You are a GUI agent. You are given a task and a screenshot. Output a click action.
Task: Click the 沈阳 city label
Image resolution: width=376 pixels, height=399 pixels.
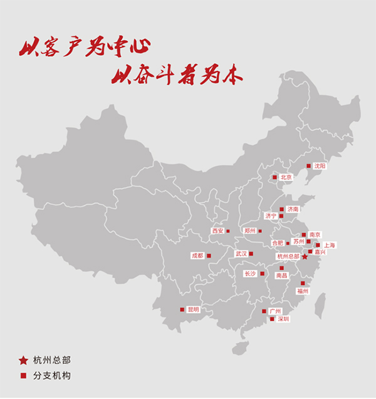320,166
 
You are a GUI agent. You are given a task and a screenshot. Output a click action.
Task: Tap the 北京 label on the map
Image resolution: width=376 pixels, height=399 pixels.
286,177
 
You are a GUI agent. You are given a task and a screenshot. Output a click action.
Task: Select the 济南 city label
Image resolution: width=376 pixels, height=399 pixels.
293,209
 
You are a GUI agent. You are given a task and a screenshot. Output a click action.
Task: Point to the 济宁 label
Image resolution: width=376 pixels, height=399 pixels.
271,216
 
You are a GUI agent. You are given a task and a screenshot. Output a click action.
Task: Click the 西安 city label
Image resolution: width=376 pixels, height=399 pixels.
217,231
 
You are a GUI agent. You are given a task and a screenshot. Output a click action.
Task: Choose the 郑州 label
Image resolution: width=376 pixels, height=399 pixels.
250,231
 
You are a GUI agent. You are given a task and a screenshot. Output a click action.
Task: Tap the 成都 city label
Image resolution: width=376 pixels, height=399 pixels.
197,256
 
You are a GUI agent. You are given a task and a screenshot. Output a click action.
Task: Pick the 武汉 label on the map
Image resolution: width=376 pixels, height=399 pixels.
241,254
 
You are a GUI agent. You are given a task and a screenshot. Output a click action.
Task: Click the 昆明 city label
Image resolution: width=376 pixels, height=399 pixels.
193,309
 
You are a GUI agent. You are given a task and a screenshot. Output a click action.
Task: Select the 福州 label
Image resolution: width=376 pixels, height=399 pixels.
303,291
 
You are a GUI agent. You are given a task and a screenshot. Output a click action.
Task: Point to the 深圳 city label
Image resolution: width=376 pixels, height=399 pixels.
283,319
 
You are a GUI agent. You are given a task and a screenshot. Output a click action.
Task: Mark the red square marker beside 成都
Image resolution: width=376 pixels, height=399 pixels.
209,256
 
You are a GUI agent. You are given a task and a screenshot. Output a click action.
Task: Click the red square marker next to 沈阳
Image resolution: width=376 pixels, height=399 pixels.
308,166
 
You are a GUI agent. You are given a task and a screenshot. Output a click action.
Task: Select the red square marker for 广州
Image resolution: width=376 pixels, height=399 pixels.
264,311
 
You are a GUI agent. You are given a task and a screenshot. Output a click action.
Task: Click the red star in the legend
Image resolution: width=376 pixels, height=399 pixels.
23,360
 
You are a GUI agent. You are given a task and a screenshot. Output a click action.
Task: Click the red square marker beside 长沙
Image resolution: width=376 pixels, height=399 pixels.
262,274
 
